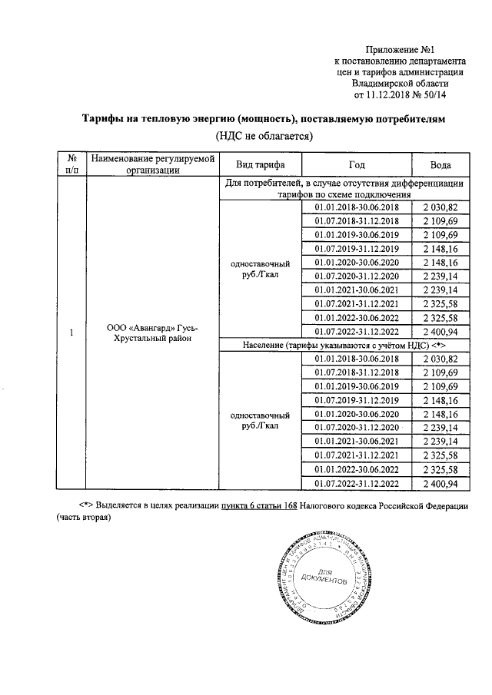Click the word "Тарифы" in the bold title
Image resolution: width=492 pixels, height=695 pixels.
coord(105,120)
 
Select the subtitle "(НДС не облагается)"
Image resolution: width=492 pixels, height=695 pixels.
coord(263,136)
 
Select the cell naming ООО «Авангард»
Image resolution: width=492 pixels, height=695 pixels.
coord(151,333)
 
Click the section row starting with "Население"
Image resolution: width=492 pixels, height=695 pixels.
coord(342,346)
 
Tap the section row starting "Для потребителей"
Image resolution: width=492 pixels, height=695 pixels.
coord(342,189)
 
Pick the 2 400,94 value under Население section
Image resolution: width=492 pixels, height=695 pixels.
coord(440,484)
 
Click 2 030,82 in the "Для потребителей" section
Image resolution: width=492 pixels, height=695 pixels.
coord(440,208)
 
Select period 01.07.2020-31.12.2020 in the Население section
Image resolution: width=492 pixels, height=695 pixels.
coord(356,428)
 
